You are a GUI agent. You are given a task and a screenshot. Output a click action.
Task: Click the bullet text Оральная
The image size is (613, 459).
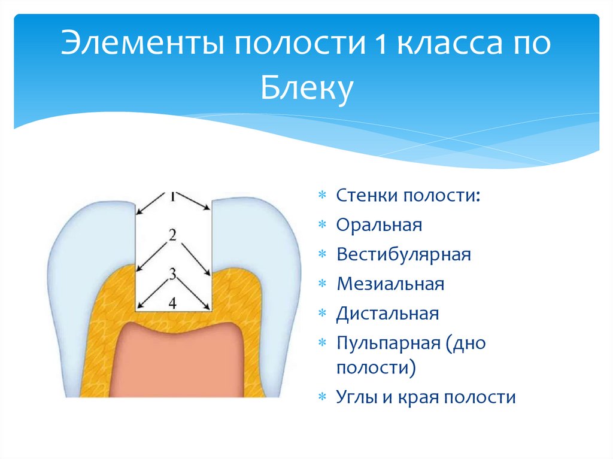coord(379,225)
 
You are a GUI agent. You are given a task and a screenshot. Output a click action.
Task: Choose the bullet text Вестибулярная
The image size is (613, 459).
coord(403,254)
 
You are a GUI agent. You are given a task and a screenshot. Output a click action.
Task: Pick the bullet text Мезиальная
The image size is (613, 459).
coord(390,284)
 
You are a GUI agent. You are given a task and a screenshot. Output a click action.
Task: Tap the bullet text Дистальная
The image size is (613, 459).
coord(388,313)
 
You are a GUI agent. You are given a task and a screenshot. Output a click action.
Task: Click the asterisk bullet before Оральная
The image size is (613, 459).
coord(322,226)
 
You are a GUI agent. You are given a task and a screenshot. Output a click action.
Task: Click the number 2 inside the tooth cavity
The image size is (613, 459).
coord(173,235)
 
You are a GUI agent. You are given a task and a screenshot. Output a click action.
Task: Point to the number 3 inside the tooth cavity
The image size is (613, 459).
coord(173,275)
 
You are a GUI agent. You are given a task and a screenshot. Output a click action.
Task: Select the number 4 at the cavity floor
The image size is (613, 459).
coord(173,303)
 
